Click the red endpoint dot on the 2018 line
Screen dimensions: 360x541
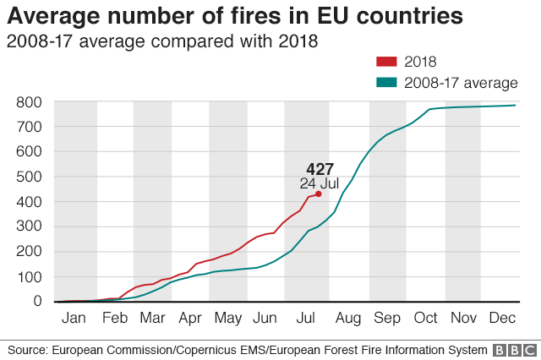[x=319, y=194]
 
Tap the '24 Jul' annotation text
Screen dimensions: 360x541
[x=319, y=183]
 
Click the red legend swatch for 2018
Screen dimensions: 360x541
[x=386, y=62]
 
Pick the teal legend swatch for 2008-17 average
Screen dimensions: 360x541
[x=386, y=83]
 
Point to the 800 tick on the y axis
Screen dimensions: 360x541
[x=28, y=102]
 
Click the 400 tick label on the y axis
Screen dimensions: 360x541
[x=28, y=202]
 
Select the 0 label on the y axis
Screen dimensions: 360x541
[x=37, y=301]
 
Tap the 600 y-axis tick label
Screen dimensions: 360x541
[x=28, y=152]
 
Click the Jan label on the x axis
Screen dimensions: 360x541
[x=74, y=319]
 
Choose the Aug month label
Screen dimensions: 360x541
[x=347, y=319]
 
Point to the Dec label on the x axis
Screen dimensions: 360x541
[x=502, y=319]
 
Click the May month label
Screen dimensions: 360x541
[x=227, y=319]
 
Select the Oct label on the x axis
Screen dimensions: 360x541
[x=425, y=319]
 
